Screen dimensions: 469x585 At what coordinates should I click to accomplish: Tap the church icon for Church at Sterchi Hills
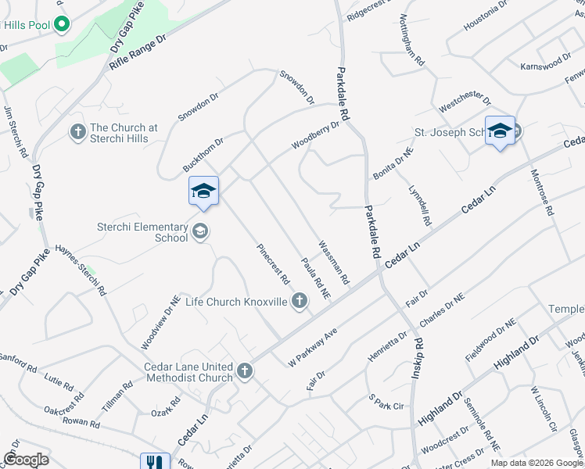77,132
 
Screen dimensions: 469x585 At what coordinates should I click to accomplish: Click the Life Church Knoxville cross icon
299,301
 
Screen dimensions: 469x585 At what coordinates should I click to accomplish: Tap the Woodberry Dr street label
316,134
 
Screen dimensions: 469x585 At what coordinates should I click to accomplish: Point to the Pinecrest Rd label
275,263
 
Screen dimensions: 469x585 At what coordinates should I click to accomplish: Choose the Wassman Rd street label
333,262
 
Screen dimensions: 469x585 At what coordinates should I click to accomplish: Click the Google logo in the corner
26,460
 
